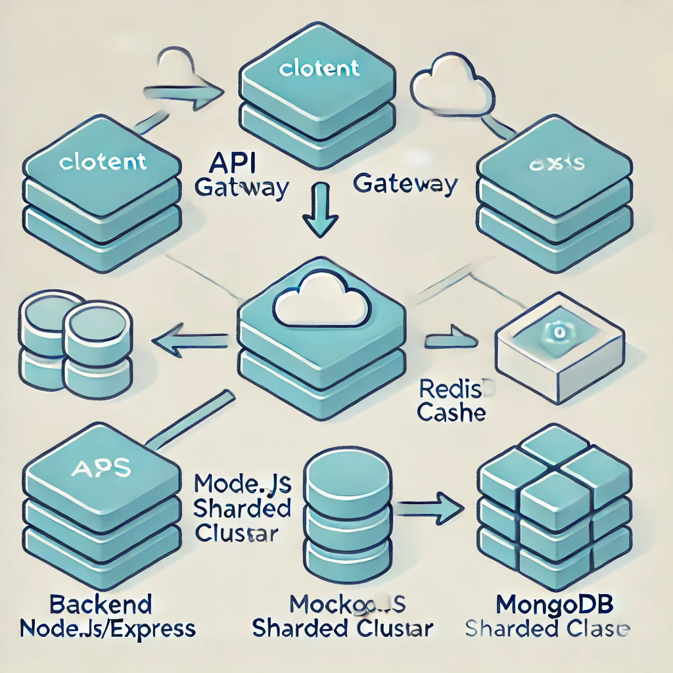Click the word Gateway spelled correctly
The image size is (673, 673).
coord(405,184)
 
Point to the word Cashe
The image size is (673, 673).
coord(452,413)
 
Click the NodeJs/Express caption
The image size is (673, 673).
coord(108,628)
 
